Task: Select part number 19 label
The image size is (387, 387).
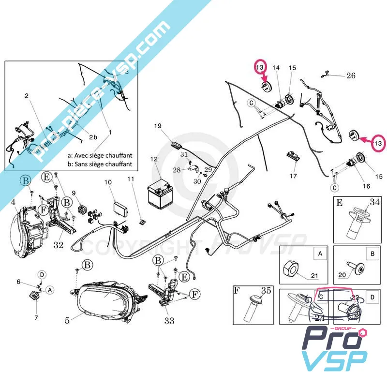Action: (x=158, y=126)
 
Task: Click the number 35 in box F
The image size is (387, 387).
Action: (x=266, y=291)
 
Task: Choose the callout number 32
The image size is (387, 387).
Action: (x=59, y=245)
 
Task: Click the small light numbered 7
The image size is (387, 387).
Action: (x=35, y=297)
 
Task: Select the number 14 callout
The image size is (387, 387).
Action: (x=276, y=68)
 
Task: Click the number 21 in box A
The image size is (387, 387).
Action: (x=314, y=276)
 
